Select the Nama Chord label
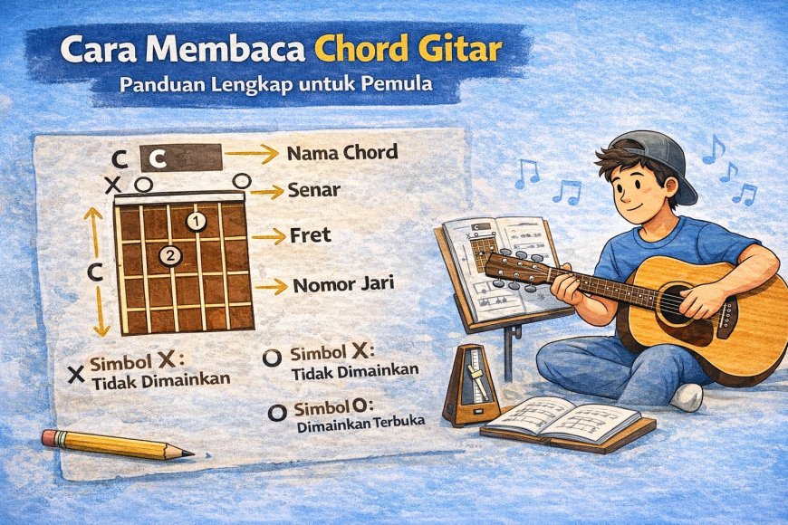[x=341, y=152]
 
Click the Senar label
[x=312, y=191]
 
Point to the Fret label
[x=311, y=235]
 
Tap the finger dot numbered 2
[x=169, y=256]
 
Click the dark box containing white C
[x=181, y=159]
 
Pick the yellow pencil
[x=117, y=444]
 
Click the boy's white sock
[x=688, y=396]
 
